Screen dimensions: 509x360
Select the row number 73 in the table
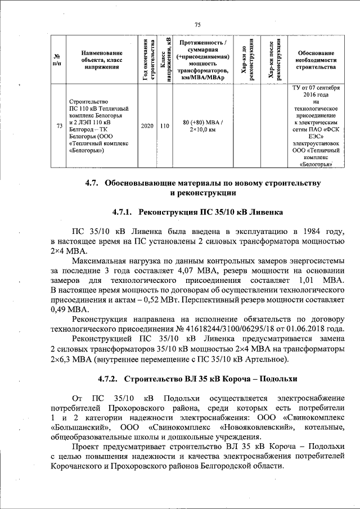click(59, 127)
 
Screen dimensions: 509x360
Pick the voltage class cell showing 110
click(164, 127)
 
